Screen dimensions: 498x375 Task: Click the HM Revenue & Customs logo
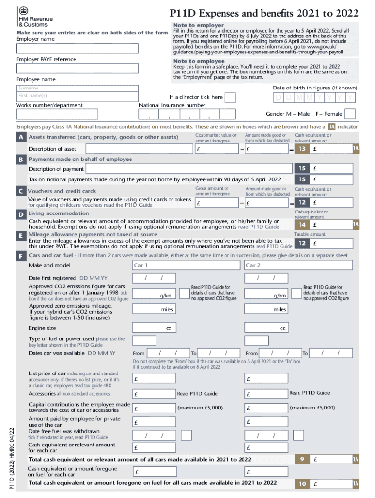point(34,18)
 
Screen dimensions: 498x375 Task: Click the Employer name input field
point(77,49)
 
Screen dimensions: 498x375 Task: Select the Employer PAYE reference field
point(77,69)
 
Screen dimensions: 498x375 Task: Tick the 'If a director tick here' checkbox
point(229,98)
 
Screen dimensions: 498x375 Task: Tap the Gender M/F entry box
point(350,114)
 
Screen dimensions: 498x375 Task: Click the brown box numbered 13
point(302,149)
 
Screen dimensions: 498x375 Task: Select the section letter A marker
point(21,138)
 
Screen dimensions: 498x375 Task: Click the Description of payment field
point(188,169)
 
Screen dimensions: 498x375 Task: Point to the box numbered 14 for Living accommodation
point(302,225)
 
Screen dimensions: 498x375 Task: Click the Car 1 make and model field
point(186,265)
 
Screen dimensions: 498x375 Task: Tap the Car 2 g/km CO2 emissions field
point(267,294)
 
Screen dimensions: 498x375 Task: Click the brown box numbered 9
point(302,459)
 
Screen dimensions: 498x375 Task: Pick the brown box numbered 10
point(302,484)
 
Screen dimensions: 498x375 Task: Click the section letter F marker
point(21,256)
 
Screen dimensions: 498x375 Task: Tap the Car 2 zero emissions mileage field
point(267,309)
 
